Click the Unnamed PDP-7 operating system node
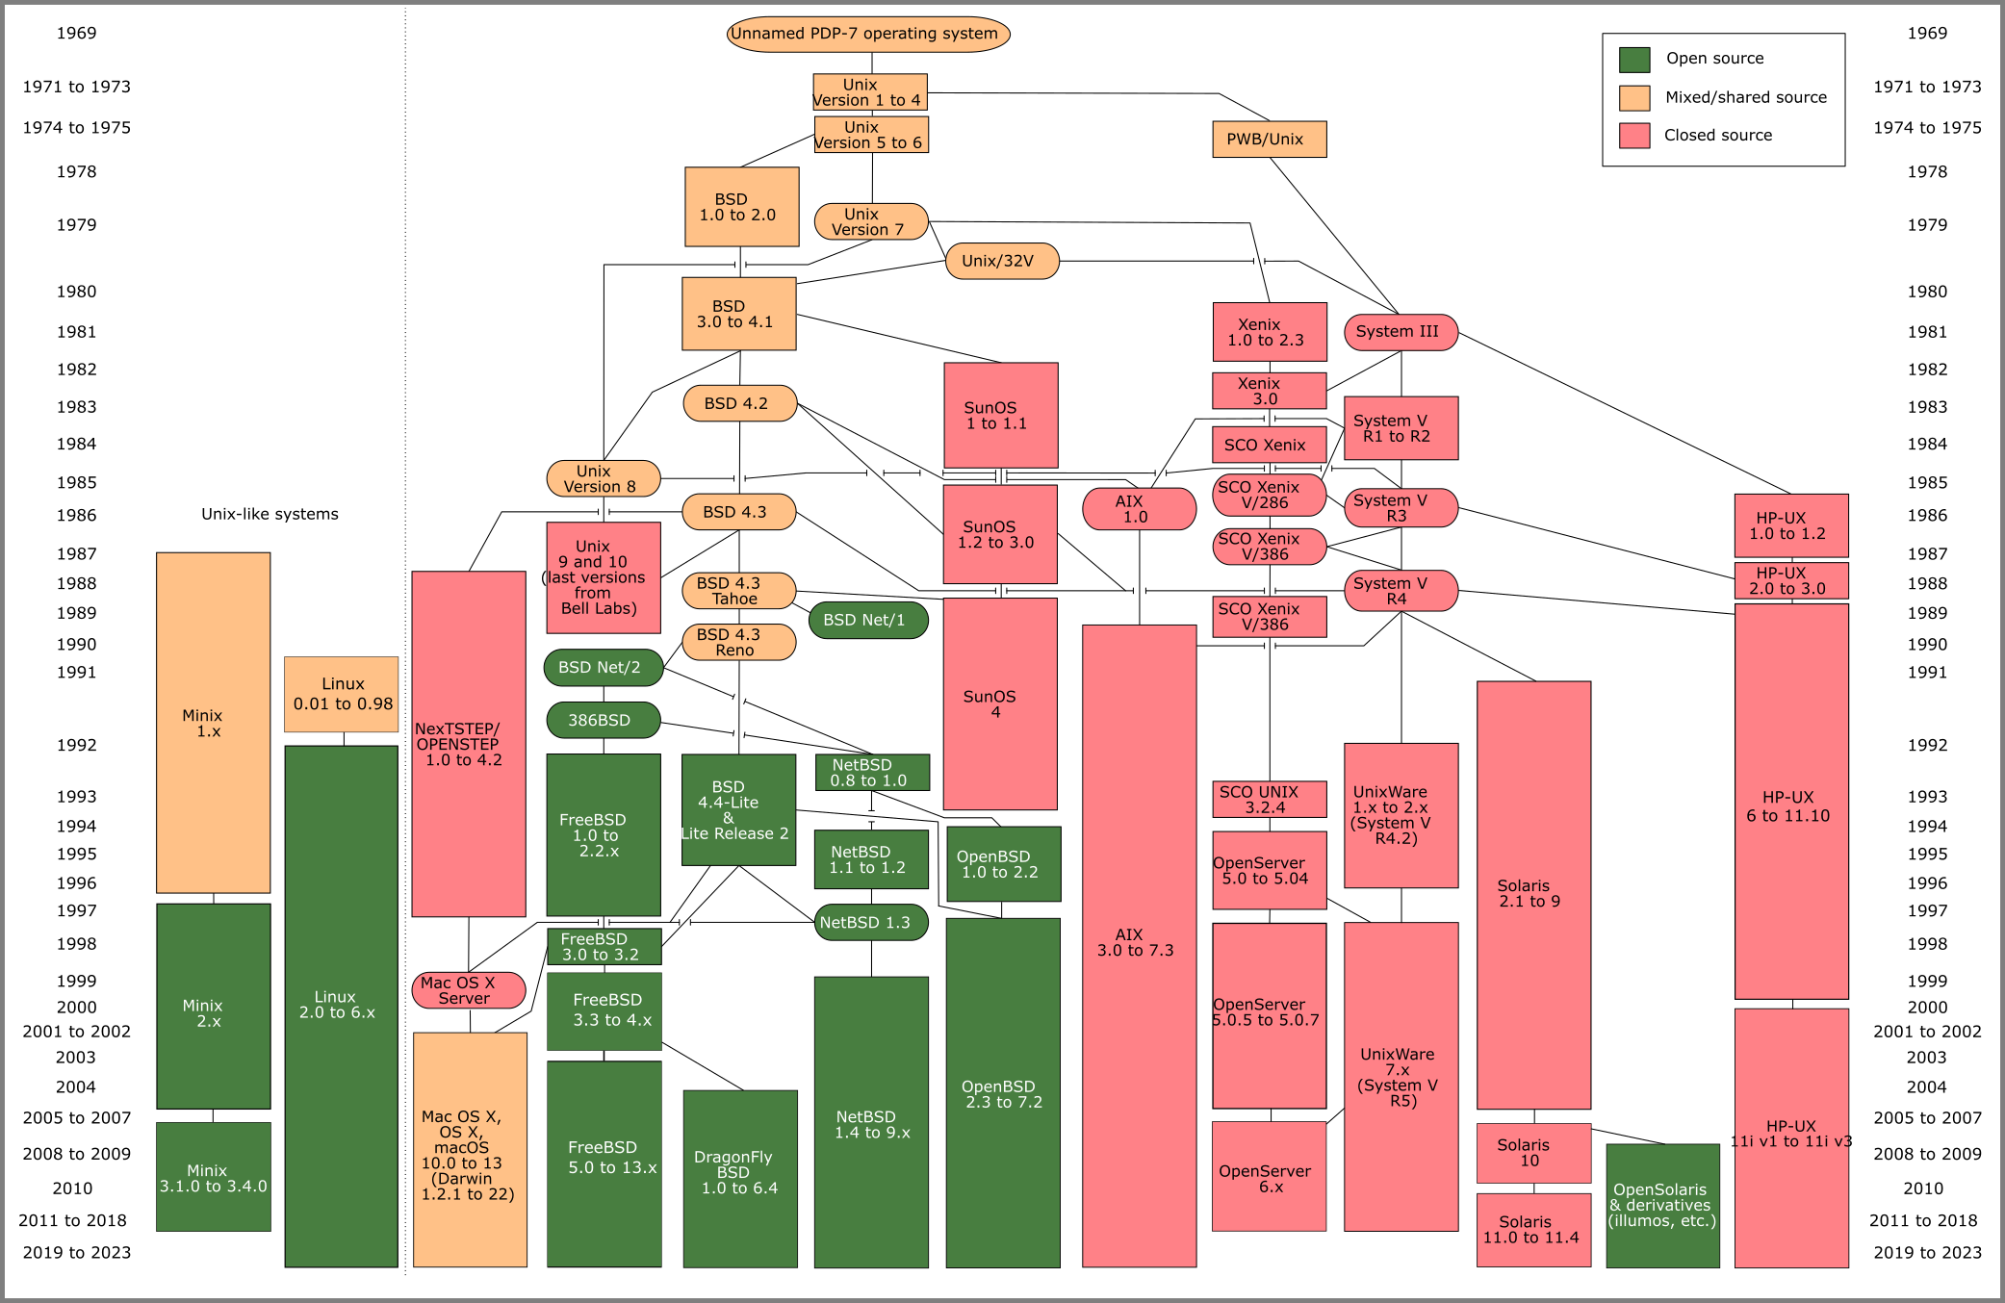coord(868,34)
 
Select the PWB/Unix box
coord(1269,140)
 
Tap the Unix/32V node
coord(1002,261)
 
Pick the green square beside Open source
coord(1633,60)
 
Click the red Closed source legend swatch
coord(1633,136)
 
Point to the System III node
coord(1401,332)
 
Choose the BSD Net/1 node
coord(868,620)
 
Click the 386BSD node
coord(603,720)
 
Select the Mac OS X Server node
coord(469,990)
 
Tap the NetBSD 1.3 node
coord(870,922)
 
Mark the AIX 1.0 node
coord(1139,509)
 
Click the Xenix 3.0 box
coord(1269,391)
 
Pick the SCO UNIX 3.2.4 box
coord(1269,799)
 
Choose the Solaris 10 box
coord(1533,1153)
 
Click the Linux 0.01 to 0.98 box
coord(342,694)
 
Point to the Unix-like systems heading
coord(270,514)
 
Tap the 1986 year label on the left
coord(76,515)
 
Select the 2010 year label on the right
coord(1923,1188)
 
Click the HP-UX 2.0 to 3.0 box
coord(1790,580)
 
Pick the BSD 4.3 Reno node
coord(738,642)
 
